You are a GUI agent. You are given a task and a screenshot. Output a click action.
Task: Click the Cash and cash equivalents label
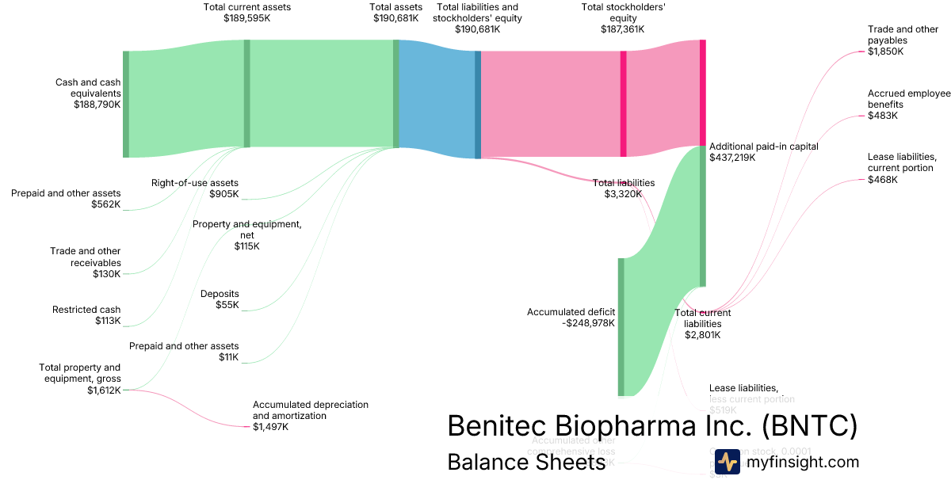pyautogui.click(x=87, y=88)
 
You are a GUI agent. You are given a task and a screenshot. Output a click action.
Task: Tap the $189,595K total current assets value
pyautogui.click(x=246, y=17)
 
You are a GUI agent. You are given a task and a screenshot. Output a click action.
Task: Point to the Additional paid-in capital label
pyautogui.click(x=763, y=147)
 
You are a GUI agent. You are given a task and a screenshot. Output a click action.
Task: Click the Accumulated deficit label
pyautogui.click(x=571, y=312)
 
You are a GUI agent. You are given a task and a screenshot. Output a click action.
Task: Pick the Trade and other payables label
pyautogui.click(x=903, y=35)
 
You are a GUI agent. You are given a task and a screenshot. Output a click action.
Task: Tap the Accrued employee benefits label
pyautogui.click(x=908, y=99)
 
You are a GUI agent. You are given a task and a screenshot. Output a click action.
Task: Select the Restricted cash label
pyautogui.click(x=86, y=310)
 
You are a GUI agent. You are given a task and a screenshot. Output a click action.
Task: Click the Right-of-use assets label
pyautogui.click(x=194, y=183)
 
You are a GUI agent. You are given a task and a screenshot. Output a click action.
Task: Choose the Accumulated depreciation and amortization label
pyautogui.click(x=310, y=409)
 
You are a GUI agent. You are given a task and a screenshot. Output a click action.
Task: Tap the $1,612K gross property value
pyautogui.click(x=105, y=390)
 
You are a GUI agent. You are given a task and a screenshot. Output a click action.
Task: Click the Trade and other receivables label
pyautogui.click(x=86, y=257)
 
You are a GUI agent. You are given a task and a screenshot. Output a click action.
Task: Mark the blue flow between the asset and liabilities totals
pyautogui.click(x=436, y=99)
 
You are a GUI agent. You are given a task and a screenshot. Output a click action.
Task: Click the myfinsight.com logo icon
pyautogui.click(x=727, y=462)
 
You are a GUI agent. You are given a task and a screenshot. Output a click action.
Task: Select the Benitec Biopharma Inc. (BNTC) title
pyautogui.click(x=652, y=425)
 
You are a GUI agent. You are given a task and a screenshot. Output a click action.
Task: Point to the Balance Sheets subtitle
pyautogui.click(x=526, y=462)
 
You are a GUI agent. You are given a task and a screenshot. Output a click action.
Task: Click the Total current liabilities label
pyautogui.click(x=702, y=318)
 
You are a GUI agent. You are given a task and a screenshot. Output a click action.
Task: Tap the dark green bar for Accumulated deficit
pyautogui.click(x=621, y=326)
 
